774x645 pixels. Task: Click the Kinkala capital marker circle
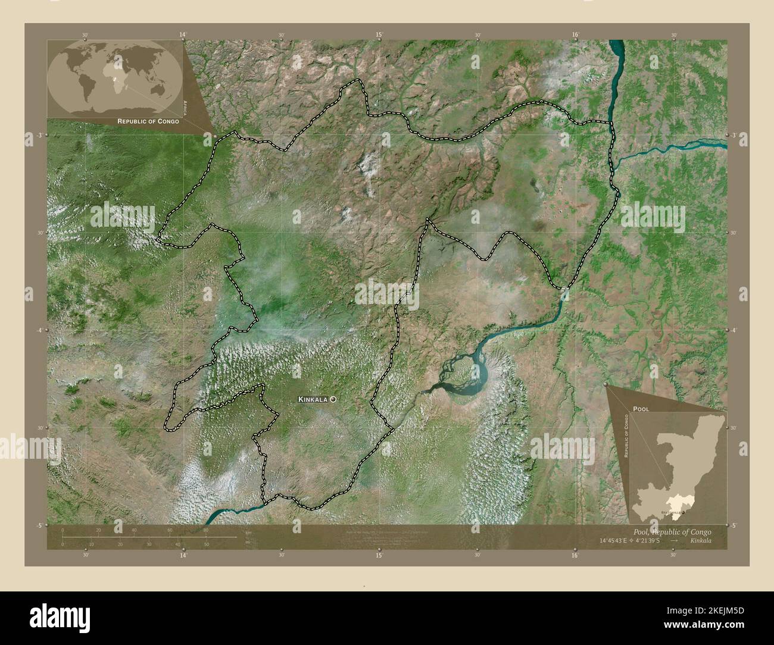click(332, 400)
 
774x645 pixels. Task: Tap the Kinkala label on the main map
click(313, 400)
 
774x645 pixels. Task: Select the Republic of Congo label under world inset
click(148, 121)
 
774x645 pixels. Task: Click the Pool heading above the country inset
click(641, 409)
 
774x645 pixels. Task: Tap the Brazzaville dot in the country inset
click(683, 512)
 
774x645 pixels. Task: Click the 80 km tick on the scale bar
click(206, 529)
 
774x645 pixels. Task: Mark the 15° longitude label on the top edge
click(379, 35)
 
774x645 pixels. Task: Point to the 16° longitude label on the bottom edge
click(574, 555)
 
